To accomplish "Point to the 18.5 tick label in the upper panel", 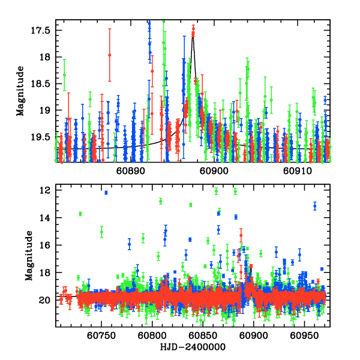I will coord(46,84).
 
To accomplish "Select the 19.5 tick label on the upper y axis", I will coord(46,137).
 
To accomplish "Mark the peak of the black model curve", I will coord(193,37).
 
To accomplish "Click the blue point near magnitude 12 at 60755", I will coord(106,193).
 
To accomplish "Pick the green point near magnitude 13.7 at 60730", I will coord(80,214).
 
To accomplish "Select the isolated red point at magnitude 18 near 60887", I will coord(110,55).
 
